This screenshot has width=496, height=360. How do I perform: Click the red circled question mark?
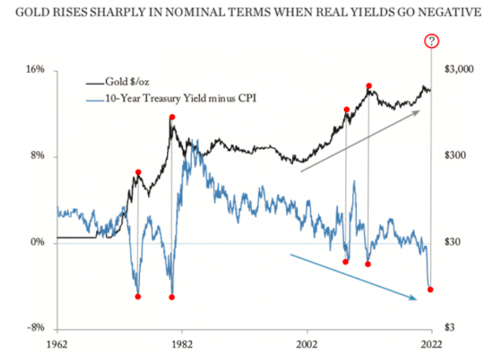tap(432, 41)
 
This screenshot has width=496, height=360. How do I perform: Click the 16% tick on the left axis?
tap(37, 70)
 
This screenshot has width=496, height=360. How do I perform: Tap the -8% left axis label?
tap(37, 329)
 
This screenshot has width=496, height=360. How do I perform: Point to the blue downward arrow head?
tap(415, 299)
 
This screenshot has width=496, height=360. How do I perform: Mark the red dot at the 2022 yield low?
tap(430, 290)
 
